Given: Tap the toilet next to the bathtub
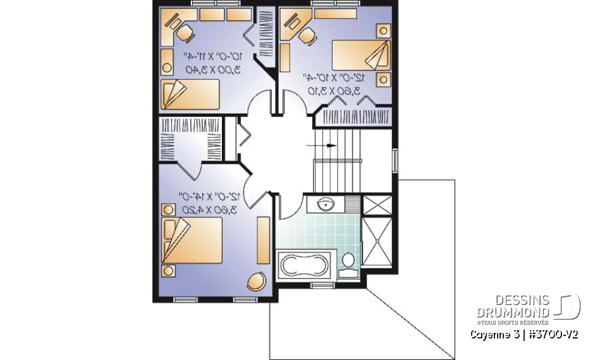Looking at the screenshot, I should tap(347, 265).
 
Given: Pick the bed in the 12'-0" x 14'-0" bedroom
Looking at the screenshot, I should tap(192, 239).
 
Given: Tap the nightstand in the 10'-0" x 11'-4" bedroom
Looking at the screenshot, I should tap(167, 66).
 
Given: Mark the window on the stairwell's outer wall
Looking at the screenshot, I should tap(395, 159).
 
